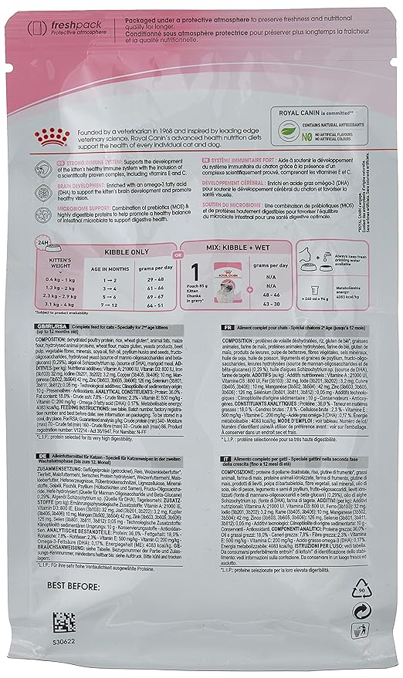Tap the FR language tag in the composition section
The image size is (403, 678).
207,305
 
